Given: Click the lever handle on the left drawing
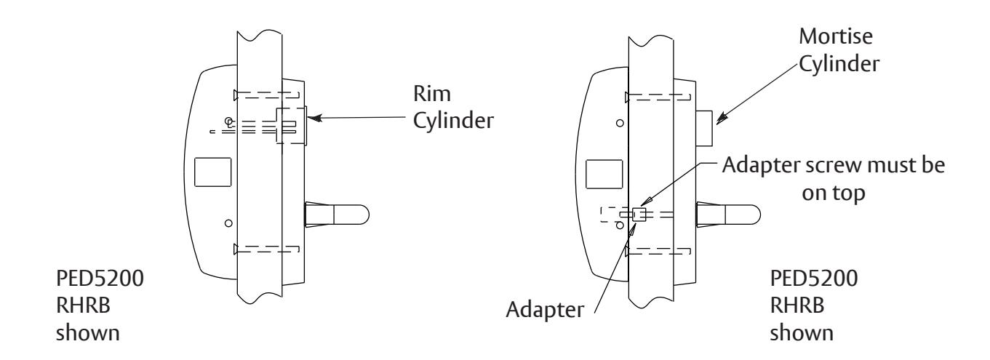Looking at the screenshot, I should [337, 213].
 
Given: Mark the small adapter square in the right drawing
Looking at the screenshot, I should [639, 215].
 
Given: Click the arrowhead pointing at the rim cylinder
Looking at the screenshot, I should [314, 114].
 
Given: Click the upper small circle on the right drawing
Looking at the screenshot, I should [619, 123].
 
